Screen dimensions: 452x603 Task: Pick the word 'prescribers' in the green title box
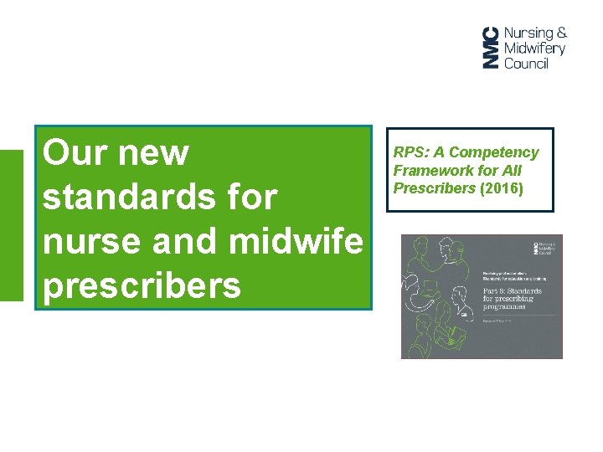pos(142,286)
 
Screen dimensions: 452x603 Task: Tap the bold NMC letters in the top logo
pos(490,47)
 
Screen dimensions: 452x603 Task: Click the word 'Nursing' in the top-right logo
pos(528,33)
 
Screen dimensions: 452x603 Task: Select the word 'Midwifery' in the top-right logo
pos(535,48)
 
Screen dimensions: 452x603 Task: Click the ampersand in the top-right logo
pos(561,33)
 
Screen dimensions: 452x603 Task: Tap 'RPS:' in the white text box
pos(410,152)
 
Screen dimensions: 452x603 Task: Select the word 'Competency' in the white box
pos(494,152)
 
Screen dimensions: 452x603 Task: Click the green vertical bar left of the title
pos(12,224)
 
